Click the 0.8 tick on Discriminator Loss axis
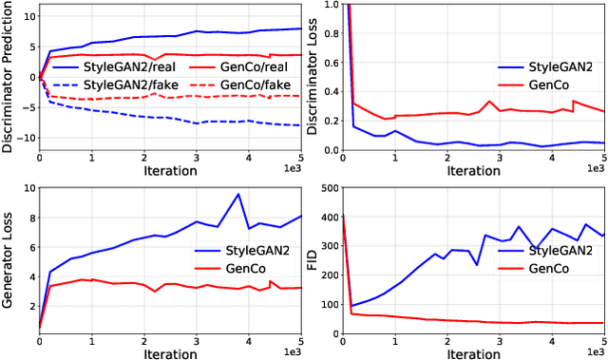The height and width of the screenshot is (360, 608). tap(330, 33)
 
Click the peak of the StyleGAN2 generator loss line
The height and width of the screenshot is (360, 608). tap(237, 195)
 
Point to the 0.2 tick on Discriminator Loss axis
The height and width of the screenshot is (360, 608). tap(330, 121)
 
